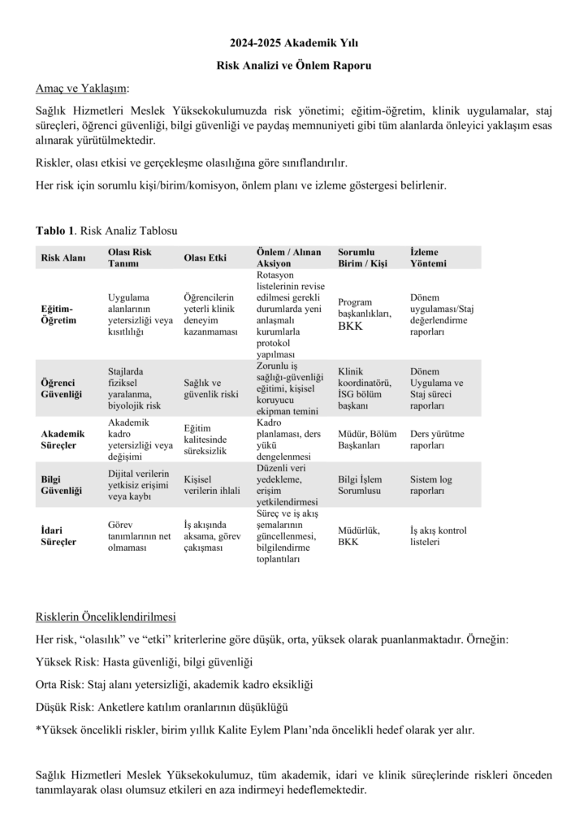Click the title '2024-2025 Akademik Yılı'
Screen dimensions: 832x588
click(294, 41)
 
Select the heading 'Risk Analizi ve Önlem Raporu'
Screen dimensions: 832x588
click(294, 64)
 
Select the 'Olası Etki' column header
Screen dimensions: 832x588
click(205, 258)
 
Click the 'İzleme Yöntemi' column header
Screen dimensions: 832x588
click(431, 258)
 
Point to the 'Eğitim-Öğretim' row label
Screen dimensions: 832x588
click(58, 314)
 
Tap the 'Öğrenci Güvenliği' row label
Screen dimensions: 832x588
click(62, 388)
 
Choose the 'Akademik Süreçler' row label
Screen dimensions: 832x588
click(63, 440)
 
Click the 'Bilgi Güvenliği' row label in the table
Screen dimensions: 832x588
click(62, 485)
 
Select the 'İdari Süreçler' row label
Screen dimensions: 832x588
click(58, 535)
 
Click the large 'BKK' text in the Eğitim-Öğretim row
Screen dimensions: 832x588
click(351, 327)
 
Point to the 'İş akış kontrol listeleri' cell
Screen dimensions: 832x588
click(439, 535)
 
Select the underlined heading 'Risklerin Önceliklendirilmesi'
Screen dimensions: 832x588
click(106, 616)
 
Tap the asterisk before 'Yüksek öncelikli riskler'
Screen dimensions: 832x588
click(38, 729)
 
